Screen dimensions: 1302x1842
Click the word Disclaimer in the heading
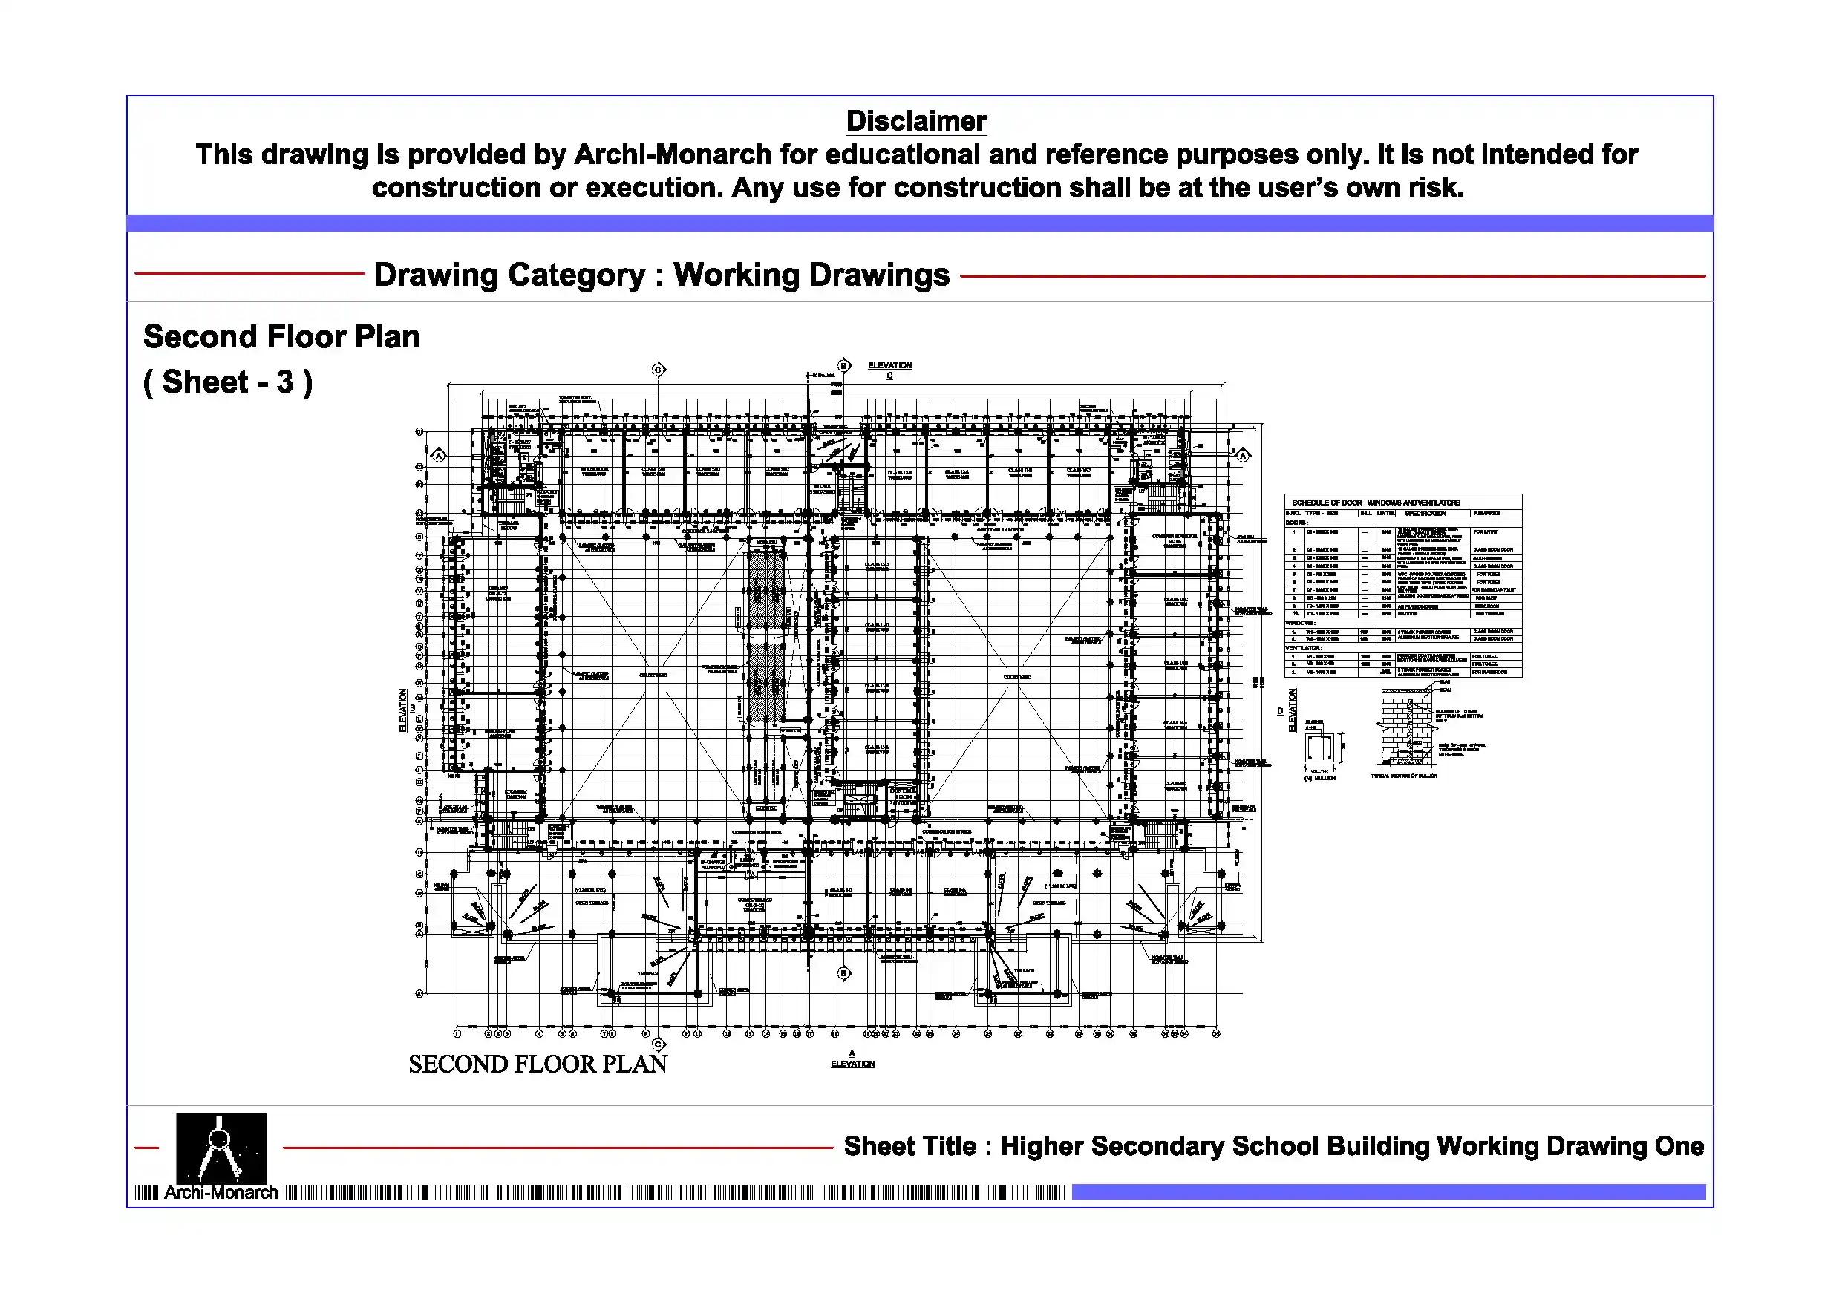click(916, 121)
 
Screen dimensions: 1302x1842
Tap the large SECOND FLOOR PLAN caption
click(538, 1064)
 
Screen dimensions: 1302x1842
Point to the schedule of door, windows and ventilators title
click(1375, 503)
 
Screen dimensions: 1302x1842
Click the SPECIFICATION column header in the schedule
click(1425, 513)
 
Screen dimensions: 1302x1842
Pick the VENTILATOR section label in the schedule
click(1304, 647)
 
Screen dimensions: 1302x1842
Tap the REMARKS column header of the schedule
click(1486, 513)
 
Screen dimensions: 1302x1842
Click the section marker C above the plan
click(659, 370)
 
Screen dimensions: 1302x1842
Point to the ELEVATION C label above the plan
click(889, 369)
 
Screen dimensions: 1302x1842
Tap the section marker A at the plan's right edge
click(1243, 456)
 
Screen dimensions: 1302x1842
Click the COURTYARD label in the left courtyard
click(653, 675)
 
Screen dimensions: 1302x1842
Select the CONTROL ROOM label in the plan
click(904, 795)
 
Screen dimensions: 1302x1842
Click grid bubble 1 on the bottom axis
click(457, 1033)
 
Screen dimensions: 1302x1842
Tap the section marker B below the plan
click(843, 973)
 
